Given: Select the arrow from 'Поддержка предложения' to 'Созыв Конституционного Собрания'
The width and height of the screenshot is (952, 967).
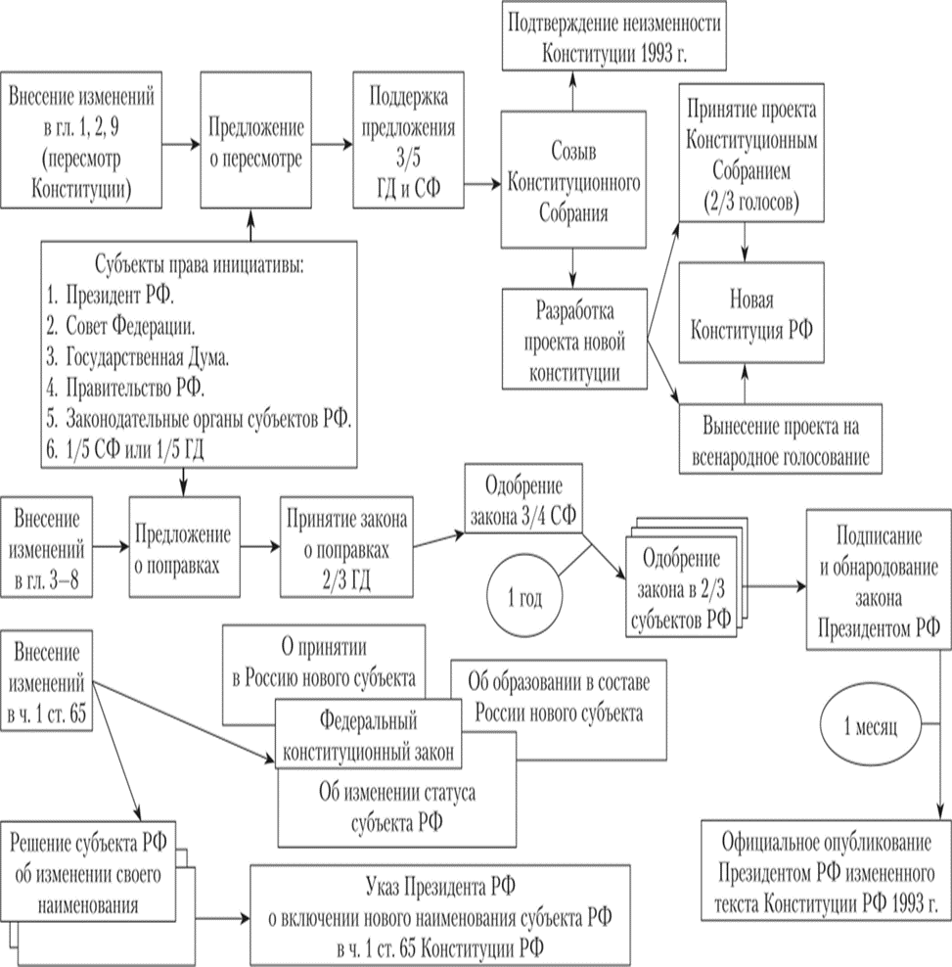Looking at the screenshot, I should [479, 182].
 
